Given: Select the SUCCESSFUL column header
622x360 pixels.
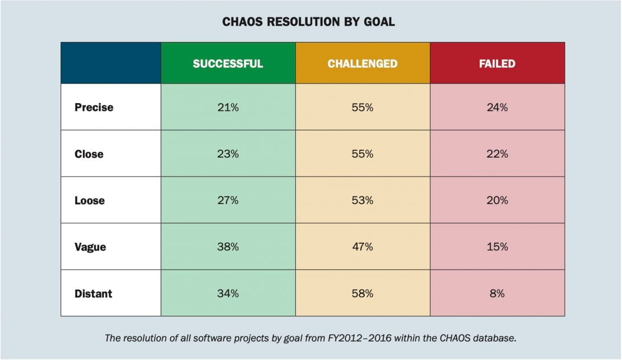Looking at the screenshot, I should tap(228, 63).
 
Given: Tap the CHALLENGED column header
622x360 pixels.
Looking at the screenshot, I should tap(363, 63).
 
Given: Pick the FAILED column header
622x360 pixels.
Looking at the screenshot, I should tap(497, 63).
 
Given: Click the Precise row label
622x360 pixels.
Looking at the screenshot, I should tap(94, 107).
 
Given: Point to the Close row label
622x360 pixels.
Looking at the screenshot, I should tap(89, 154).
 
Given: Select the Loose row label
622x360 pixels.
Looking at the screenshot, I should tap(89, 200).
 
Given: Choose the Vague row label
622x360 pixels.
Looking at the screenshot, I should tap(90, 247).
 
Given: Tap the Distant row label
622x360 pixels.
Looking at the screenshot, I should tap(93, 293).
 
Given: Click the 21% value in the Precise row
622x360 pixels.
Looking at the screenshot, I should tap(228, 107).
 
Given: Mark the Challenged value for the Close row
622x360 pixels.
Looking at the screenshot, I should tap(363, 154).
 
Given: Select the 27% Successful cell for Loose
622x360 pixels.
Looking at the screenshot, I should tap(228, 200).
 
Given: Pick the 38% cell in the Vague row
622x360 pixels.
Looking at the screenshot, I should tap(228, 247).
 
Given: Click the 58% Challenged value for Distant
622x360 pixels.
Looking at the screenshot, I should tap(363, 293).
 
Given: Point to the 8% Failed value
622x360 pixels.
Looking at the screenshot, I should tap(497, 293).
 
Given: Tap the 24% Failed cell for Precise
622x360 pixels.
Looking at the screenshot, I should tap(497, 107).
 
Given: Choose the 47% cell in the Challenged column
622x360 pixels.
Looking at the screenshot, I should tap(363, 247).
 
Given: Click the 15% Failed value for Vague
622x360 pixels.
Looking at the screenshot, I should tap(497, 247).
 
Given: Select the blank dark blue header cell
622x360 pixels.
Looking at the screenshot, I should tap(110, 63).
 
